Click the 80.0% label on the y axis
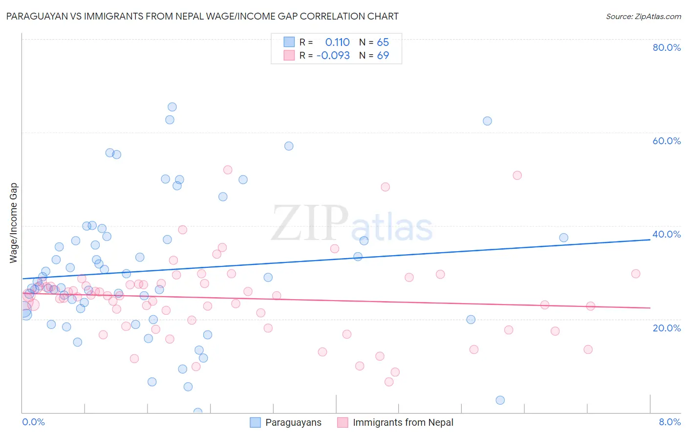click(666, 47)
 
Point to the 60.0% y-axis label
click(666, 141)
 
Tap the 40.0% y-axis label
click(666, 234)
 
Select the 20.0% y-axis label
click(666, 327)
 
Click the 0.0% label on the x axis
click(33, 422)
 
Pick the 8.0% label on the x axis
click(669, 422)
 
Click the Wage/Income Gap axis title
click(14, 223)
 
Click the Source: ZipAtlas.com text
click(643, 16)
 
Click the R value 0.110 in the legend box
click(337, 43)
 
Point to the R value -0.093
click(333, 56)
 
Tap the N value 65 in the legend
click(383, 43)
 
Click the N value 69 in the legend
click(383, 56)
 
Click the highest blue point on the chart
click(172, 107)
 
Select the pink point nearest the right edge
click(636, 274)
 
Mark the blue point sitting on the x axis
click(198, 412)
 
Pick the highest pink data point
click(228, 170)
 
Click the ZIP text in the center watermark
click(310, 223)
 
